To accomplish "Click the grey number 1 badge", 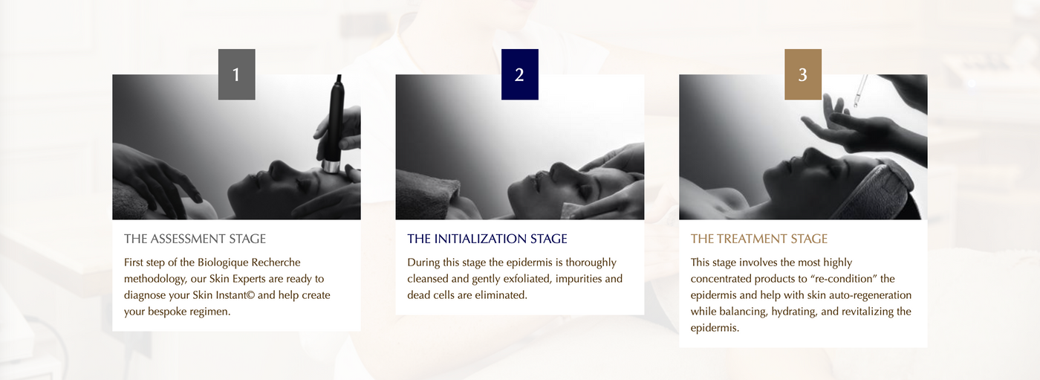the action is [236, 74].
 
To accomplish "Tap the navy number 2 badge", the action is [519, 74].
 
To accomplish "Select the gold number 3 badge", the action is [803, 74].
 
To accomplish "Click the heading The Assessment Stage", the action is [195, 239].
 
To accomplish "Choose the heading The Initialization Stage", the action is [487, 239].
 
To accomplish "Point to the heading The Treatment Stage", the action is [759, 239].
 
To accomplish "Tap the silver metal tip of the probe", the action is [331, 167].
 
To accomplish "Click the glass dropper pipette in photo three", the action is [860, 91].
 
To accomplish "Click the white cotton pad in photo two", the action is [571, 210].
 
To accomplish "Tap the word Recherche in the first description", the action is [276, 263].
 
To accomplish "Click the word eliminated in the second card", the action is [504, 295].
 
